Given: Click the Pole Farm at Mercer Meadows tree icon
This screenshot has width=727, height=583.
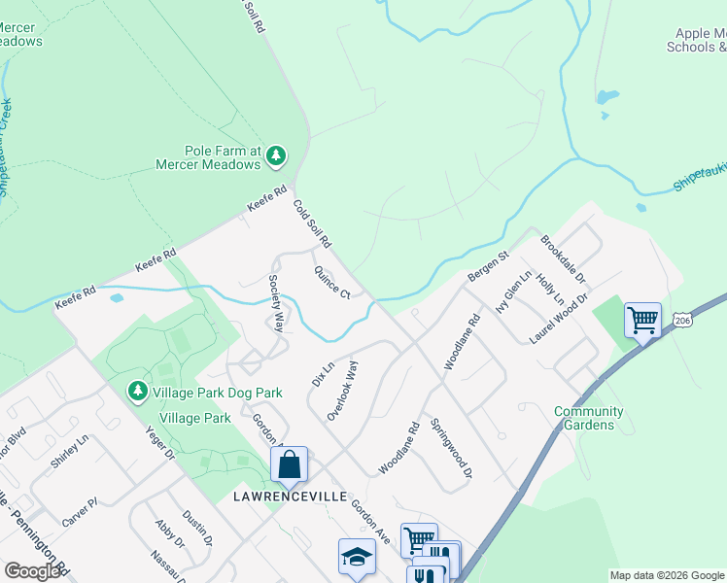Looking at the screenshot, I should pyautogui.click(x=277, y=154).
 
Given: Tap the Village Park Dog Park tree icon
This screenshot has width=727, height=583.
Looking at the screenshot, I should pyautogui.click(x=138, y=392).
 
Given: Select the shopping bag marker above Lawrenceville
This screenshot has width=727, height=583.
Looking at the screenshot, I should pyautogui.click(x=290, y=465).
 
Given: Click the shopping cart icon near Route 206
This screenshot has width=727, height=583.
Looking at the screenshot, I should pyautogui.click(x=642, y=320).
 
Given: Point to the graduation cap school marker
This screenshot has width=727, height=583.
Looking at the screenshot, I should pyautogui.click(x=357, y=557).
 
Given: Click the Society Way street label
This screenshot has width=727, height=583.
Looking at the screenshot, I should pyautogui.click(x=277, y=302).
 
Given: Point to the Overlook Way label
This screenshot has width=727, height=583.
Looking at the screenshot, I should pyautogui.click(x=343, y=390).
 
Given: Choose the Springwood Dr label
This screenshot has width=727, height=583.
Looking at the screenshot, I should pyautogui.click(x=451, y=448).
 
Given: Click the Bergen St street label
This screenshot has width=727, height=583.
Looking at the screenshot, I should pyautogui.click(x=489, y=265).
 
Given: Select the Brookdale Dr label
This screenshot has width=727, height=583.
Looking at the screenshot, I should pyautogui.click(x=564, y=258).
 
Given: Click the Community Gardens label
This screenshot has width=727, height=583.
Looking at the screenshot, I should pyautogui.click(x=589, y=418).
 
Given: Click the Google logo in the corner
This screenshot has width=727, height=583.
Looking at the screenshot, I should pyautogui.click(x=33, y=571).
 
